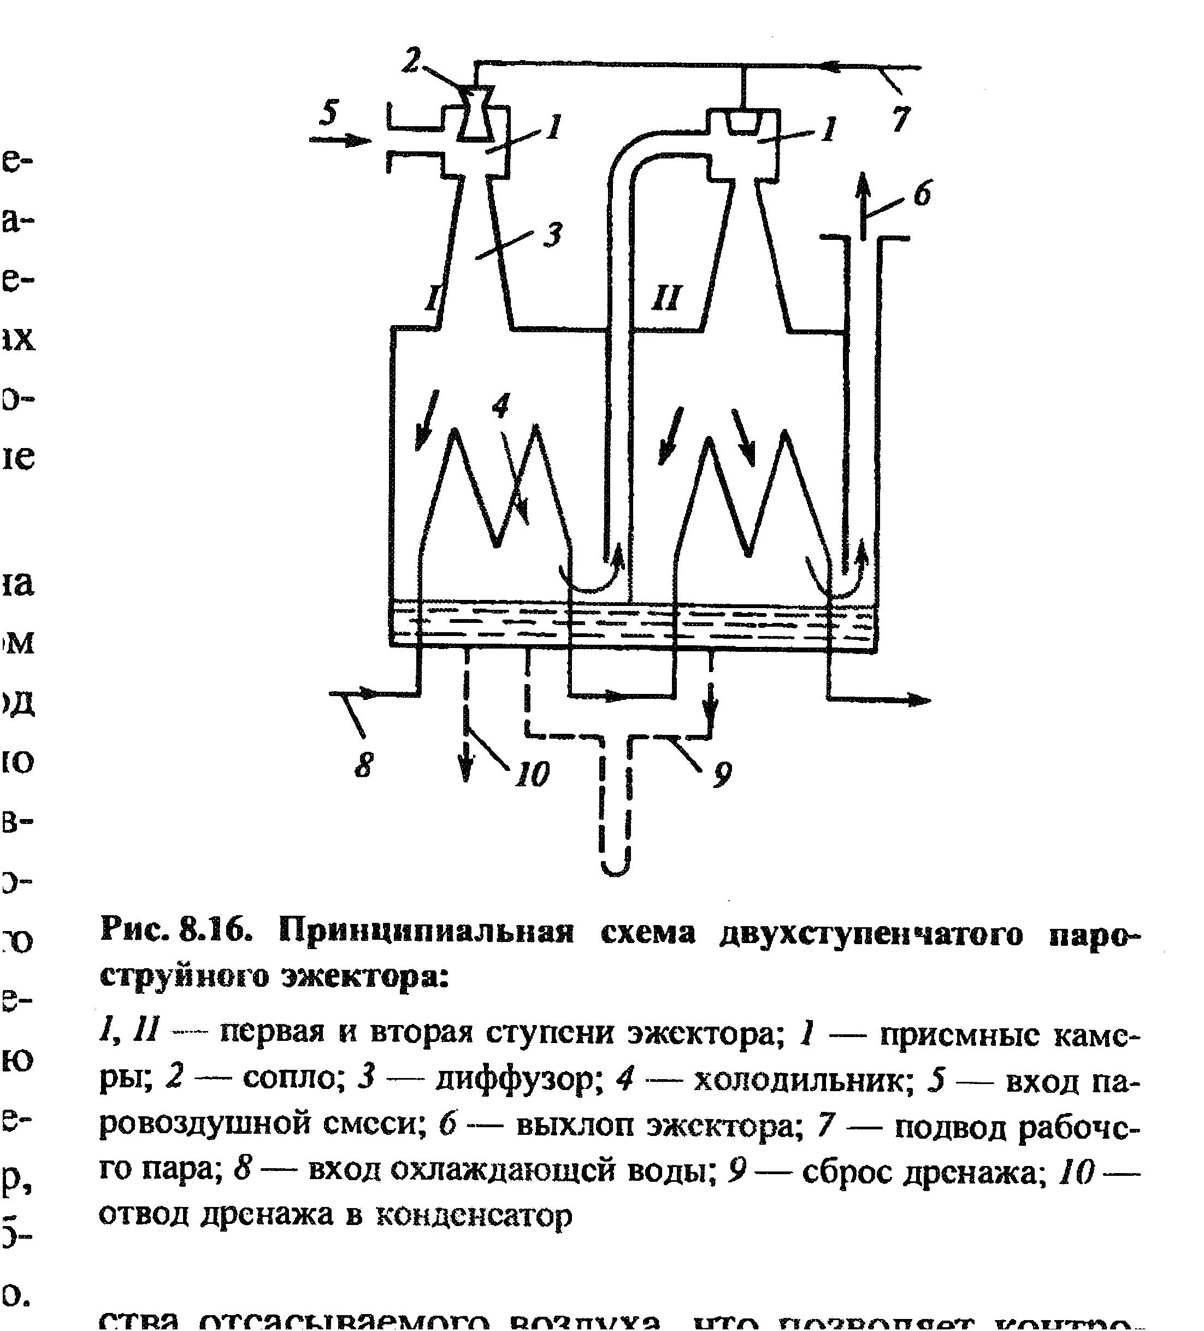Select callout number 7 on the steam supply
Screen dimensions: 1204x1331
coord(900,120)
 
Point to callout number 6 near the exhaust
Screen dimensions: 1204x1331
coord(922,194)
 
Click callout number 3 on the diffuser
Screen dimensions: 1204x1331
coord(552,234)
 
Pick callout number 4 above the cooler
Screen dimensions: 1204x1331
coord(501,404)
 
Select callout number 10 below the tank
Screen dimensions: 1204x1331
coord(532,773)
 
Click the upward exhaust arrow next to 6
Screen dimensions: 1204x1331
coord(863,198)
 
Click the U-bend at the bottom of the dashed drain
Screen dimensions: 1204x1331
coord(615,864)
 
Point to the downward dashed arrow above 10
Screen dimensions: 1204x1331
coord(466,759)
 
